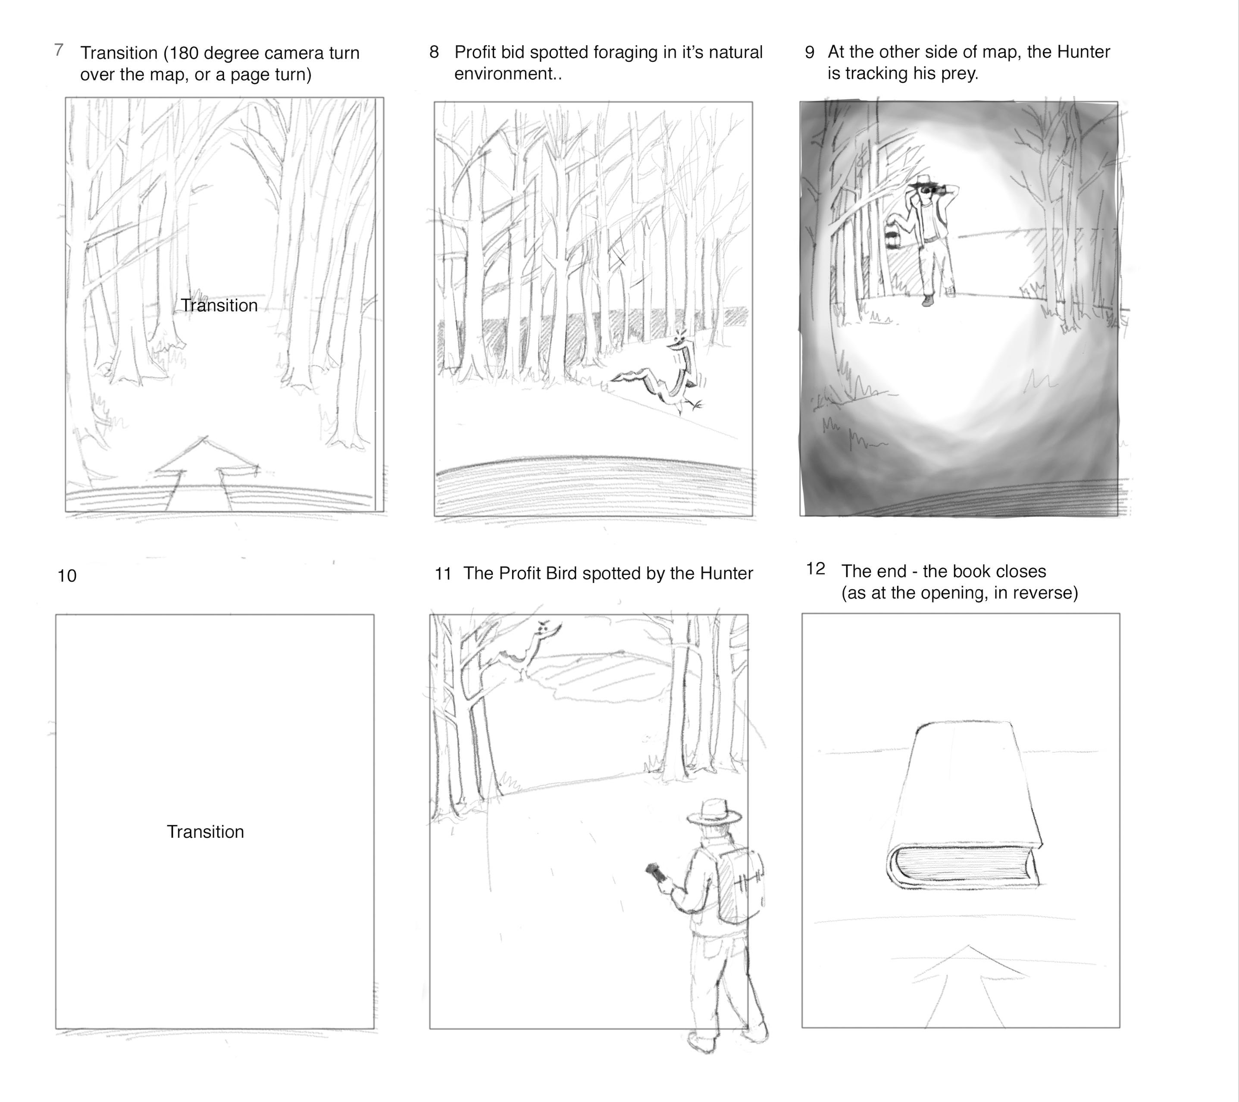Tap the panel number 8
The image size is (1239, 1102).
(434, 52)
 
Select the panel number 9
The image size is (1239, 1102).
(810, 53)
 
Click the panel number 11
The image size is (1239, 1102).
(443, 573)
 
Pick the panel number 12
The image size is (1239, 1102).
(816, 569)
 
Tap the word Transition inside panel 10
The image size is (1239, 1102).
(206, 832)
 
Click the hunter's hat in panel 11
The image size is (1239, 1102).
(714, 811)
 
